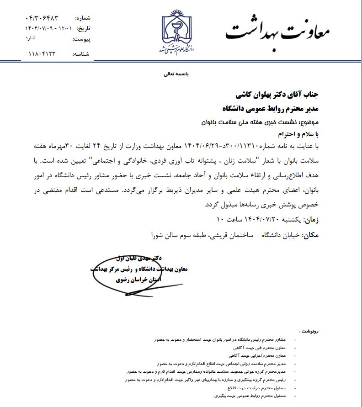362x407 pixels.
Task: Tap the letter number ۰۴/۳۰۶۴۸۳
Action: tap(43, 18)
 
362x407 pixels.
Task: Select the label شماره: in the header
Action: tap(83, 18)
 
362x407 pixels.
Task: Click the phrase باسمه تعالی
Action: tap(176, 73)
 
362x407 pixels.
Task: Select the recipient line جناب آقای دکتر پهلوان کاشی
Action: tap(279, 95)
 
